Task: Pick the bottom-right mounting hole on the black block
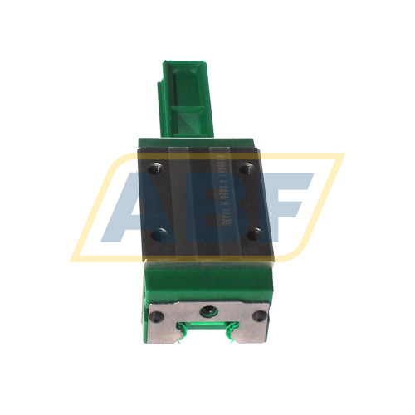tap(254, 233)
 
